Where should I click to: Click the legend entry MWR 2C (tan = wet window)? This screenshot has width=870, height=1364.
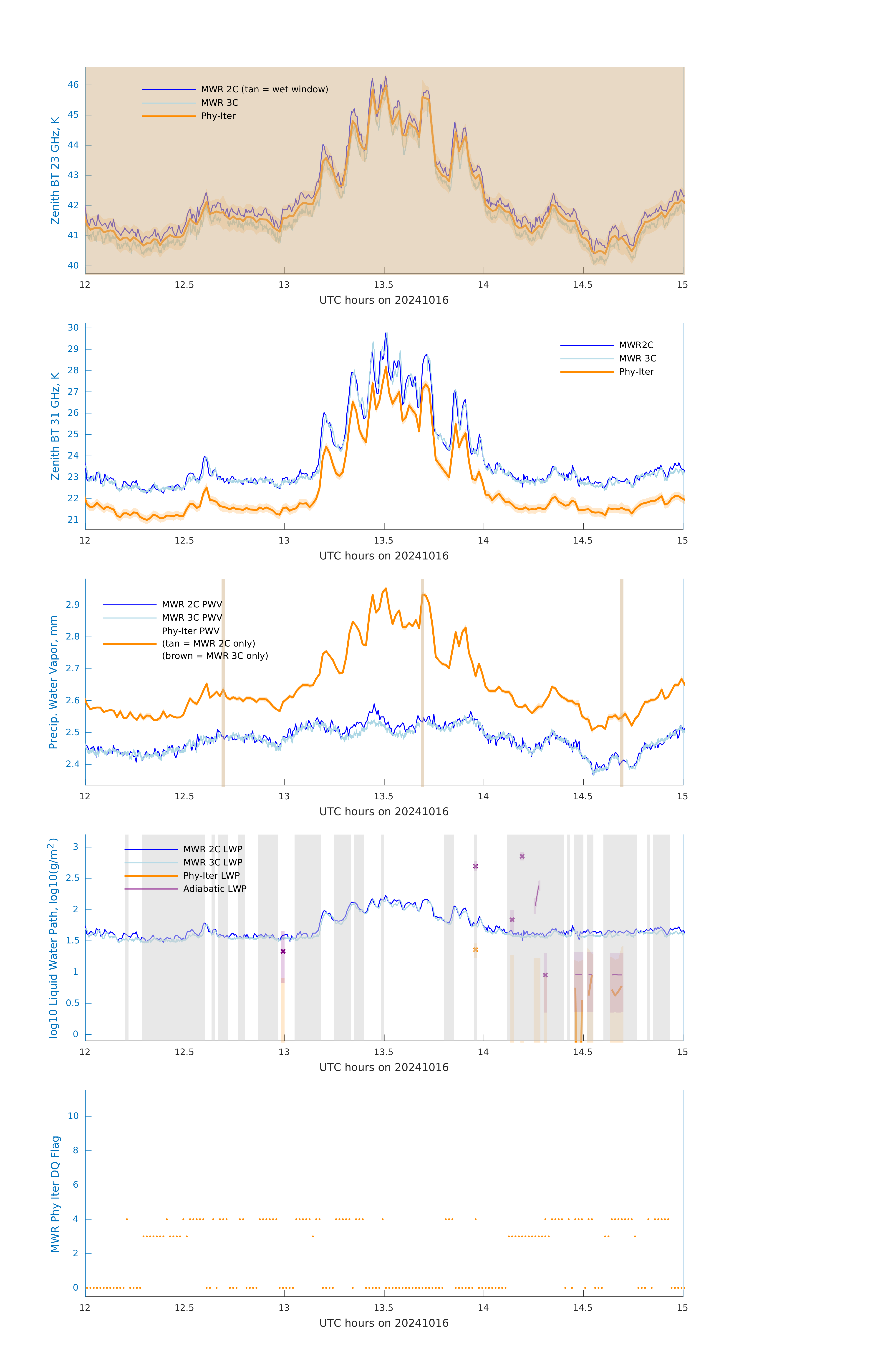[x=264, y=90]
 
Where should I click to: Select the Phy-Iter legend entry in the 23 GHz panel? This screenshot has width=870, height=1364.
[x=218, y=116]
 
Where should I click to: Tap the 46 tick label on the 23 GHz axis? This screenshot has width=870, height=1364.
[x=73, y=85]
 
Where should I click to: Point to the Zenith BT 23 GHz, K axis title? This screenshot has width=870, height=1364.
[x=55, y=170]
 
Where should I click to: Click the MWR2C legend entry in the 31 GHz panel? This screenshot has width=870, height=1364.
[x=636, y=345]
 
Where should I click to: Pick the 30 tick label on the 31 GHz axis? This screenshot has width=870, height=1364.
[x=73, y=327]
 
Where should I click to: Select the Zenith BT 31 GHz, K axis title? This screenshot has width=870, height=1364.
[x=55, y=426]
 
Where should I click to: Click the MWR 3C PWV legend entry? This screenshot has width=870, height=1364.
[x=192, y=617]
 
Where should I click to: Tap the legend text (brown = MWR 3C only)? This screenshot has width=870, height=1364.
[x=215, y=656]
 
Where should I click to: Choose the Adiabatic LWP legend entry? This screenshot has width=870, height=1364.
[x=215, y=889]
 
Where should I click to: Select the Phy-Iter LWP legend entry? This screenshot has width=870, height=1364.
[x=211, y=876]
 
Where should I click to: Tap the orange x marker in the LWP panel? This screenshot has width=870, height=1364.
[x=476, y=950]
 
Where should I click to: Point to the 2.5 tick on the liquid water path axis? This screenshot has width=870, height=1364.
[x=73, y=878]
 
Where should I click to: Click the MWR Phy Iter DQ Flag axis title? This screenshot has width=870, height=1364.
[x=55, y=1193]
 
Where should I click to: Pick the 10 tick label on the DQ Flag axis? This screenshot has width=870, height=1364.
[x=73, y=1116]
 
